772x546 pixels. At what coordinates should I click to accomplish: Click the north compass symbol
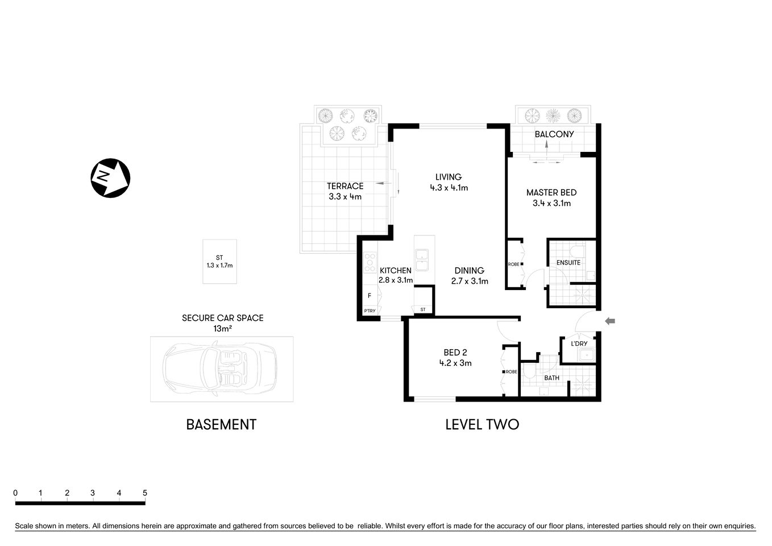point(110,177)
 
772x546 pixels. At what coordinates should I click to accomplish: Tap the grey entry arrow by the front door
point(609,321)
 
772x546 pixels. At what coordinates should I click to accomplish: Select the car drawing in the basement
point(221,369)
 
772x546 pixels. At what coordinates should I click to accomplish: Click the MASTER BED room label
point(551,193)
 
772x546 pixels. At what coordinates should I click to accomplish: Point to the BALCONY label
point(554,134)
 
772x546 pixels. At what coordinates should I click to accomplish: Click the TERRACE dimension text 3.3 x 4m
point(345,197)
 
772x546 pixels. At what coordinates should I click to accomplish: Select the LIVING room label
point(449,177)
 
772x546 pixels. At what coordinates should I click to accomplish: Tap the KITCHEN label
point(395,270)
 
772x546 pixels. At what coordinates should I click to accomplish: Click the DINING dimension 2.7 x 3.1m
point(469,281)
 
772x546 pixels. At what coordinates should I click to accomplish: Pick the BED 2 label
point(455,353)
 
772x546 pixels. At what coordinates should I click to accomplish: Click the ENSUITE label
point(568,263)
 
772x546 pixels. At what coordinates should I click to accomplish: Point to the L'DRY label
point(579,344)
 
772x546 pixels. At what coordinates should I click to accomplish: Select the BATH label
point(551,378)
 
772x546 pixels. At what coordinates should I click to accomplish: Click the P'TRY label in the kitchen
point(370,311)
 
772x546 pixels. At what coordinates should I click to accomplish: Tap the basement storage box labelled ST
point(219,261)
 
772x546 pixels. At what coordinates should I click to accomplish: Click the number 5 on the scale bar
point(145,493)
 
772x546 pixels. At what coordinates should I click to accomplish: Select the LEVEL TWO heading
point(482,424)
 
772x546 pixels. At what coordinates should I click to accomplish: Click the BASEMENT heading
point(221,424)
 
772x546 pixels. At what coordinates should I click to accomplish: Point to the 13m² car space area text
point(222,328)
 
